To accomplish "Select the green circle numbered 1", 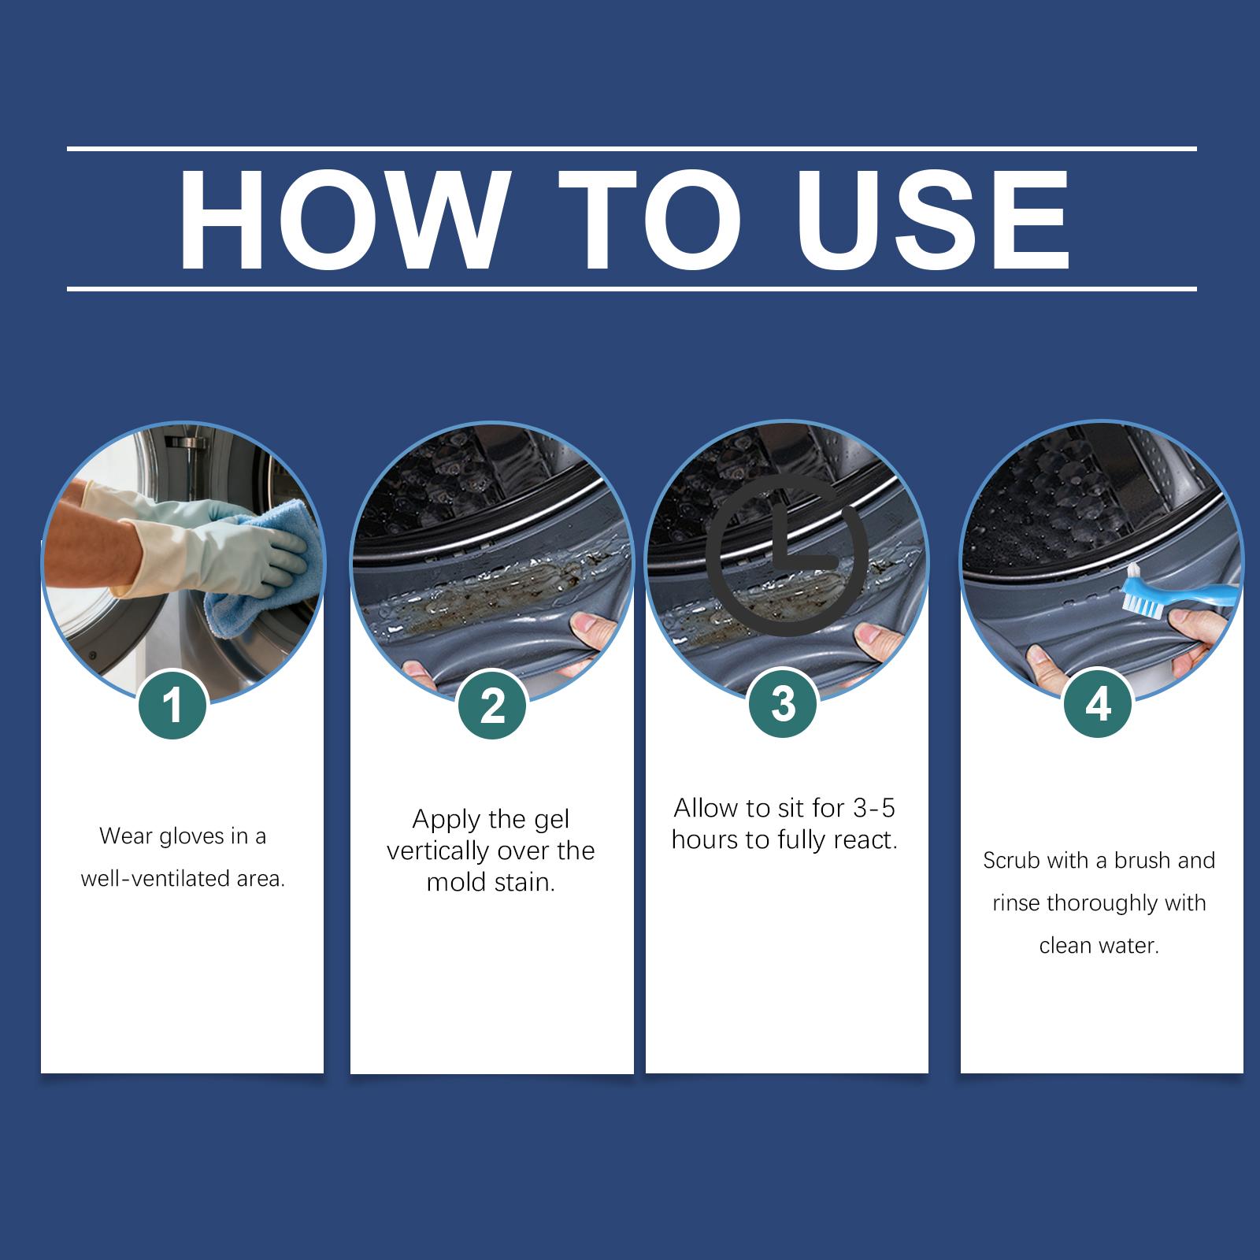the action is point(172,705).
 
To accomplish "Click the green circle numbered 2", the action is point(492,705).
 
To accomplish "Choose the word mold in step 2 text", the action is point(454,883).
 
